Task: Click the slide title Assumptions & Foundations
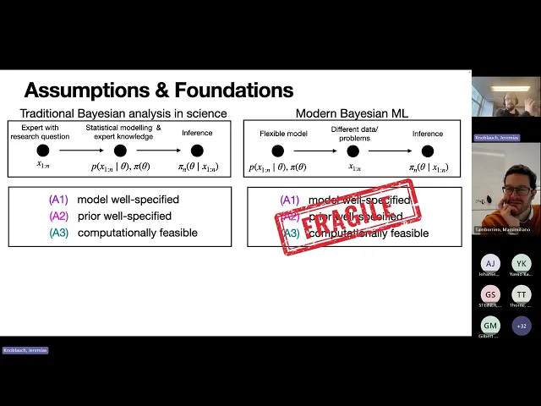tap(158, 91)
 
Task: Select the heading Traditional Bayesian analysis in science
tap(123, 113)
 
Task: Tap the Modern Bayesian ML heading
tap(352, 113)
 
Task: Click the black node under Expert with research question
tap(43, 151)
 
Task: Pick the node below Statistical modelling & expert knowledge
tap(120, 151)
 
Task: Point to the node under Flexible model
tap(277, 151)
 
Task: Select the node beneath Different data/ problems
tap(353, 151)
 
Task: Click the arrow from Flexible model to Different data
tap(315, 151)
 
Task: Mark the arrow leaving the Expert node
tap(81, 151)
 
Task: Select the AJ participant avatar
tap(490, 263)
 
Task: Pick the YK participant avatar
tap(522, 263)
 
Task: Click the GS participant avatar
tap(490, 294)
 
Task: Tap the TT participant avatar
tap(522, 294)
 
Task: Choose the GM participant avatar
tap(490, 324)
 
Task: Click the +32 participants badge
tap(522, 324)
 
